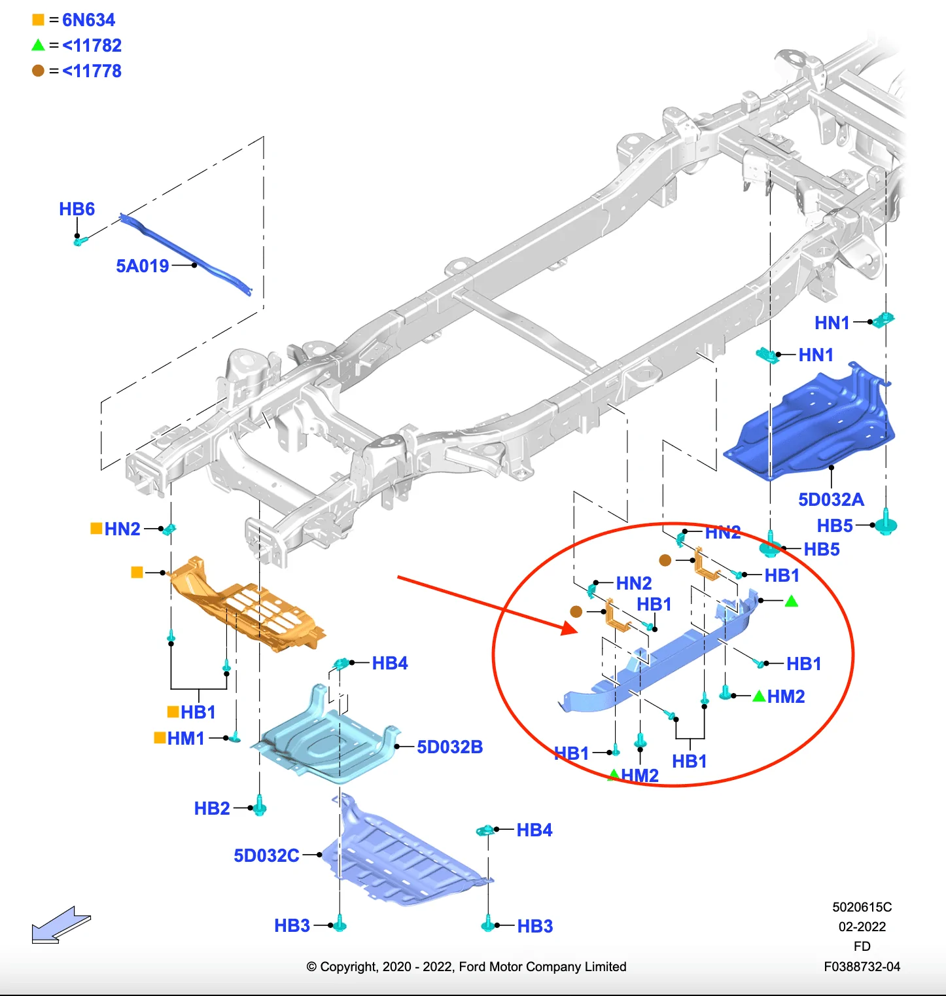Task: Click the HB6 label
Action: tap(77, 209)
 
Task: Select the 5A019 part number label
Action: tap(142, 266)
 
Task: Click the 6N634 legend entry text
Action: tap(88, 20)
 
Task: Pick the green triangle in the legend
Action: tap(38, 45)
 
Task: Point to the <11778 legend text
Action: tap(92, 71)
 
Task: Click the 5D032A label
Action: tap(831, 500)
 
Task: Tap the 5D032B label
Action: tap(449, 747)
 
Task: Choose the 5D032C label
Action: tap(266, 856)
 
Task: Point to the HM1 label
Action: tap(186, 739)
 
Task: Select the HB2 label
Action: tap(212, 809)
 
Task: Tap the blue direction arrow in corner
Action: tap(60, 925)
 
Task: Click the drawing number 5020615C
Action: tap(862, 907)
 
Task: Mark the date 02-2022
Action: tap(862, 927)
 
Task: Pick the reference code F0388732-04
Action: tap(862, 967)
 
